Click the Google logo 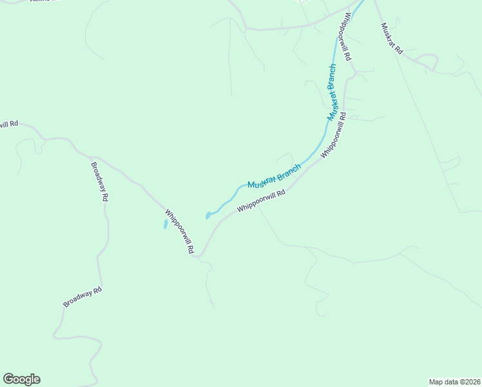pos(21,379)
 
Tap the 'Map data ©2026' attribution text pos(454,381)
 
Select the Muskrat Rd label pos(391,38)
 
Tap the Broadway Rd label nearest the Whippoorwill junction pos(98,182)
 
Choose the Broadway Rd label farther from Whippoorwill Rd pos(82,297)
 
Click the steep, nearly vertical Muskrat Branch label pos(331,92)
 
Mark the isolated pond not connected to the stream pos(166,224)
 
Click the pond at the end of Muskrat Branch pos(207,215)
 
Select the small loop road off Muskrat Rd pos(428,61)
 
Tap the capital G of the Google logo pos(9,379)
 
